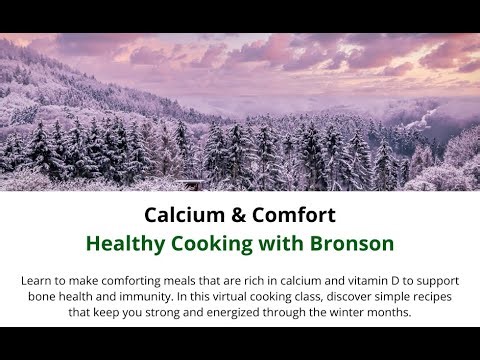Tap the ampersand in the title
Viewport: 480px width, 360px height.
(x=230, y=215)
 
